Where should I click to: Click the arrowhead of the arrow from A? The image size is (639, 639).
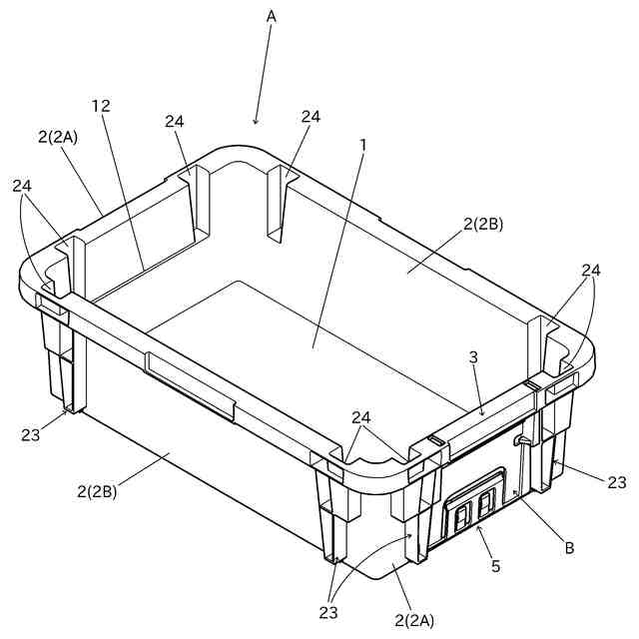coord(256,123)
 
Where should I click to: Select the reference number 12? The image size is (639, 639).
coord(100,105)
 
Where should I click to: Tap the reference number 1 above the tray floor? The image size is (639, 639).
coord(363,144)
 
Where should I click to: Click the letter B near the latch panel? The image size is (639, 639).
coord(569,547)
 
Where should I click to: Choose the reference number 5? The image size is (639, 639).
coord(496,566)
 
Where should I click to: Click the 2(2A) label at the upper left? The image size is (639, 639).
coord(57,138)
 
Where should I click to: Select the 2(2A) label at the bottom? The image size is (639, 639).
coord(413,620)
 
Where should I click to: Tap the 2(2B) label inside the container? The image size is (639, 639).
coord(482,224)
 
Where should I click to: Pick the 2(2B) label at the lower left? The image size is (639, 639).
coord(97,490)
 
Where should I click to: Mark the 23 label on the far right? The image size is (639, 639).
coord(616,482)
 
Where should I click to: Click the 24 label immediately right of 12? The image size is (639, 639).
coord(175,122)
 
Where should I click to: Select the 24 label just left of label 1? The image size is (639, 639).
coord(311,116)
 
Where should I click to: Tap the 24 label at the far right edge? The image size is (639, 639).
coord(592,270)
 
